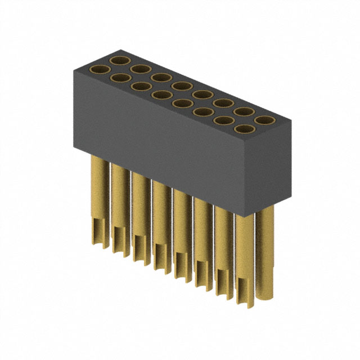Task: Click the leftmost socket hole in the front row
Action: pyautogui.click(x=101, y=70)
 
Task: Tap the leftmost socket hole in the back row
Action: pyautogui.click(x=121, y=60)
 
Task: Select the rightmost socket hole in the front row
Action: pyautogui.click(x=243, y=129)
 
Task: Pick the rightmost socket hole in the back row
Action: pyautogui.click(x=263, y=119)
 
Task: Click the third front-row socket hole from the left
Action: pyautogui.click(x=142, y=87)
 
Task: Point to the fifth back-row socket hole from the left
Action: pyautogui.click(x=202, y=94)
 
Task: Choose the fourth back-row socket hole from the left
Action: pyautogui.click(x=182, y=85)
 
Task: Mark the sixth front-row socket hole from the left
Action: pyautogui.click(x=202, y=112)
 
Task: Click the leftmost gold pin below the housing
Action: pyautogui.click(x=99, y=186)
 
